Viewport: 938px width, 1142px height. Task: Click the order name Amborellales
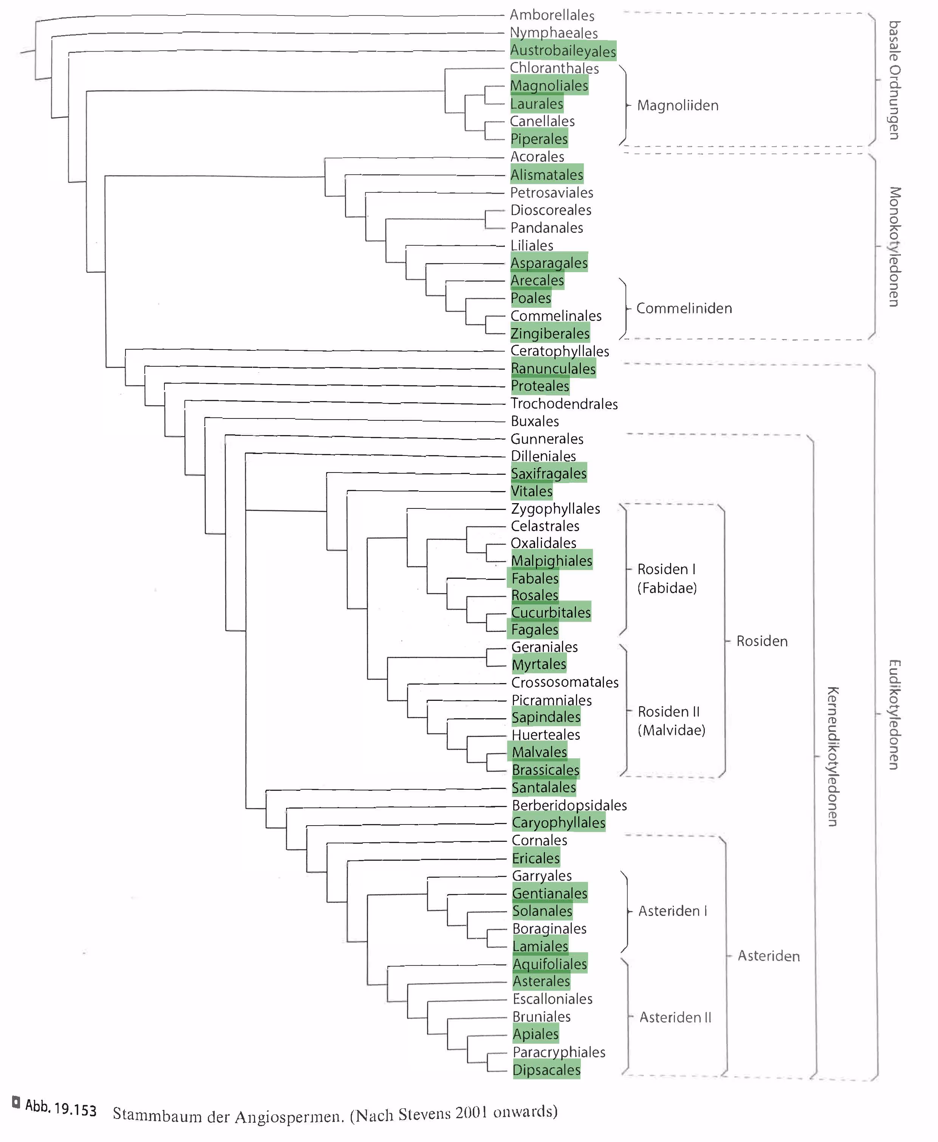tap(552, 15)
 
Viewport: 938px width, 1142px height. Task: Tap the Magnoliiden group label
tap(678, 105)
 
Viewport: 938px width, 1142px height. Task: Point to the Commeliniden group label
tap(684, 308)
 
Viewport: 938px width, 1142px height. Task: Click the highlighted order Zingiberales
tap(550, 333)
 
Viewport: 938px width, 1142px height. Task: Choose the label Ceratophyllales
tap(560, 351)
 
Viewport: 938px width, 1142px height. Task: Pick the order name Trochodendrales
tap(564, 404)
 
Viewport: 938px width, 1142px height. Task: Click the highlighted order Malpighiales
tap(552, 561)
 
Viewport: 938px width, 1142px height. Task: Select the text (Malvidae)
tap(672, 730)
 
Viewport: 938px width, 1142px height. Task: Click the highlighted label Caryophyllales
tap(559, 823)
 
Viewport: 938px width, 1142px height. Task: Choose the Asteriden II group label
tap(675, 1018)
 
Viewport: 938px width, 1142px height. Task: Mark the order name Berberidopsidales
tap(570, 805)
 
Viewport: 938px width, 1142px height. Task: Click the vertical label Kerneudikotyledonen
tap(833, 757)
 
